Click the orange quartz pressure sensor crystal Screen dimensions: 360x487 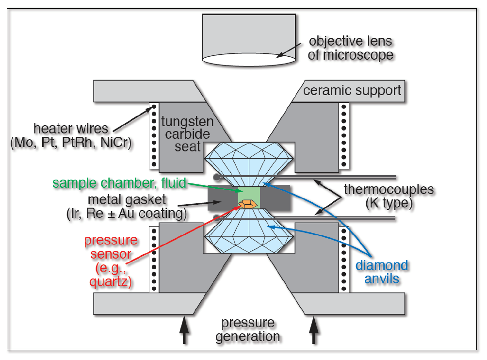click(247, 204)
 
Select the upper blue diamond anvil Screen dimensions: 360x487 click(249, 160)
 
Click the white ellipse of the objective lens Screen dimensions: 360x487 click(249, 60)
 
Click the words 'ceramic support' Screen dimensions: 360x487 click(352, 91)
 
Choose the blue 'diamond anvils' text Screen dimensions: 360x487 click(382, 272)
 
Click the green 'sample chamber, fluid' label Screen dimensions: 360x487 click(120, 183)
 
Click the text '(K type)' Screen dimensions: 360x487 click(389, 203)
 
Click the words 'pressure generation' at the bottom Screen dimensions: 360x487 click(247, 329)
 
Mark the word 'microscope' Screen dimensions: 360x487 click(350, 55)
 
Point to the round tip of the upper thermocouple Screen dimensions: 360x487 click(215, 177)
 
